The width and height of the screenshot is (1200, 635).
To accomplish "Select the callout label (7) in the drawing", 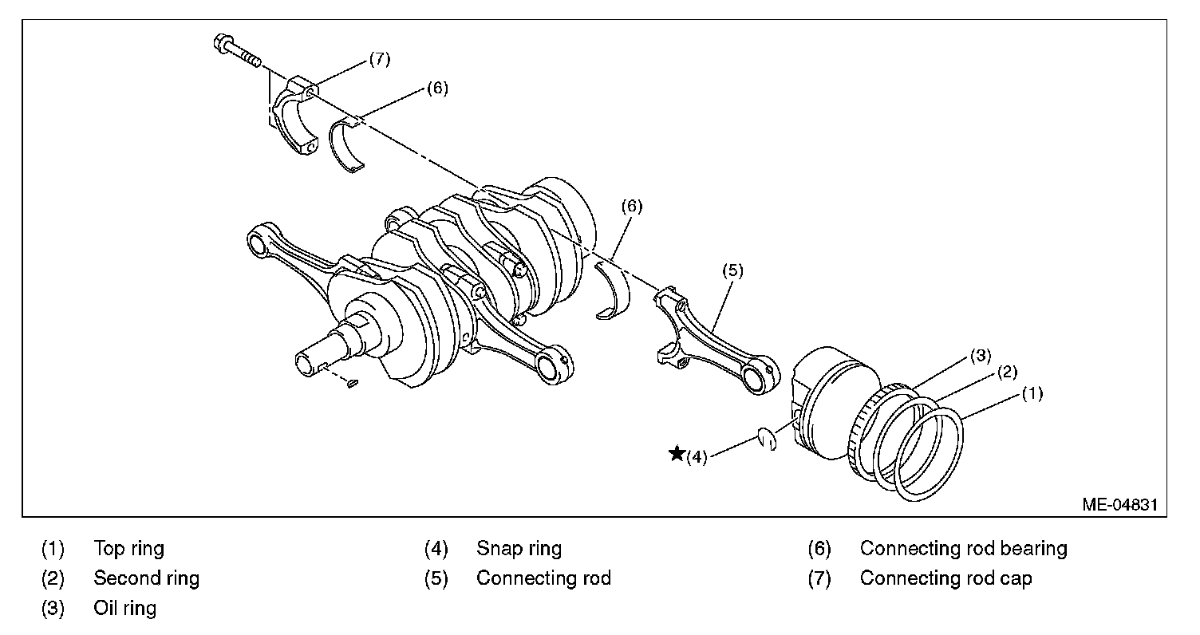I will click(379, 60).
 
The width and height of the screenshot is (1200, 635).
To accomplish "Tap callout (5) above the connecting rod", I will click(732, 270).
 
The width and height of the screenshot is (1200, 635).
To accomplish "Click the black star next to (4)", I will click(677, 454).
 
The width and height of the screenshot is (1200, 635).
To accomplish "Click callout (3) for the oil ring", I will click(981, 355).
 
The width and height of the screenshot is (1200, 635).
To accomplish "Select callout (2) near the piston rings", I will click(1006, 371).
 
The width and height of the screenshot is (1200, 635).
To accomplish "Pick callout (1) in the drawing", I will click(1032, 392).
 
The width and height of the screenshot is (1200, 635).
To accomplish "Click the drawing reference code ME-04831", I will click(1119, 505).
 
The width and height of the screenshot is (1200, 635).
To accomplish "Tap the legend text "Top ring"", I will click(128, 549).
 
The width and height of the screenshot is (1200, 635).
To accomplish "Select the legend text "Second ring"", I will click(146, 578).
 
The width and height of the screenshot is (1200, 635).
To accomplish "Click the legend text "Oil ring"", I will click(124, 608).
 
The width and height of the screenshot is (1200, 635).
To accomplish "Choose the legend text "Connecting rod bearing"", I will click(963, 549).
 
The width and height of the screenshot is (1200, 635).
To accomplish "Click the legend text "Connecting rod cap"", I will click(945, 578).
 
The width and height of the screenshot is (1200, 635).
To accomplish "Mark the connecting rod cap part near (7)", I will click(292, 120).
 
